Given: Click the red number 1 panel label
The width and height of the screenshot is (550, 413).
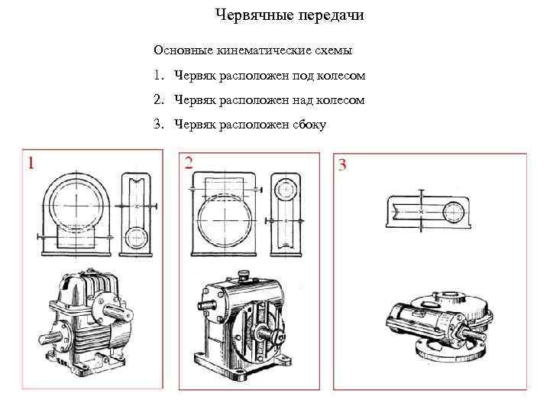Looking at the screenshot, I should (x=32, y=162).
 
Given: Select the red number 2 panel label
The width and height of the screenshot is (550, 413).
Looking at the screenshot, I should (x=188, y=162).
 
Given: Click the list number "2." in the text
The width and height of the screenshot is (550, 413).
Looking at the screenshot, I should (x=158, y=100).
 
